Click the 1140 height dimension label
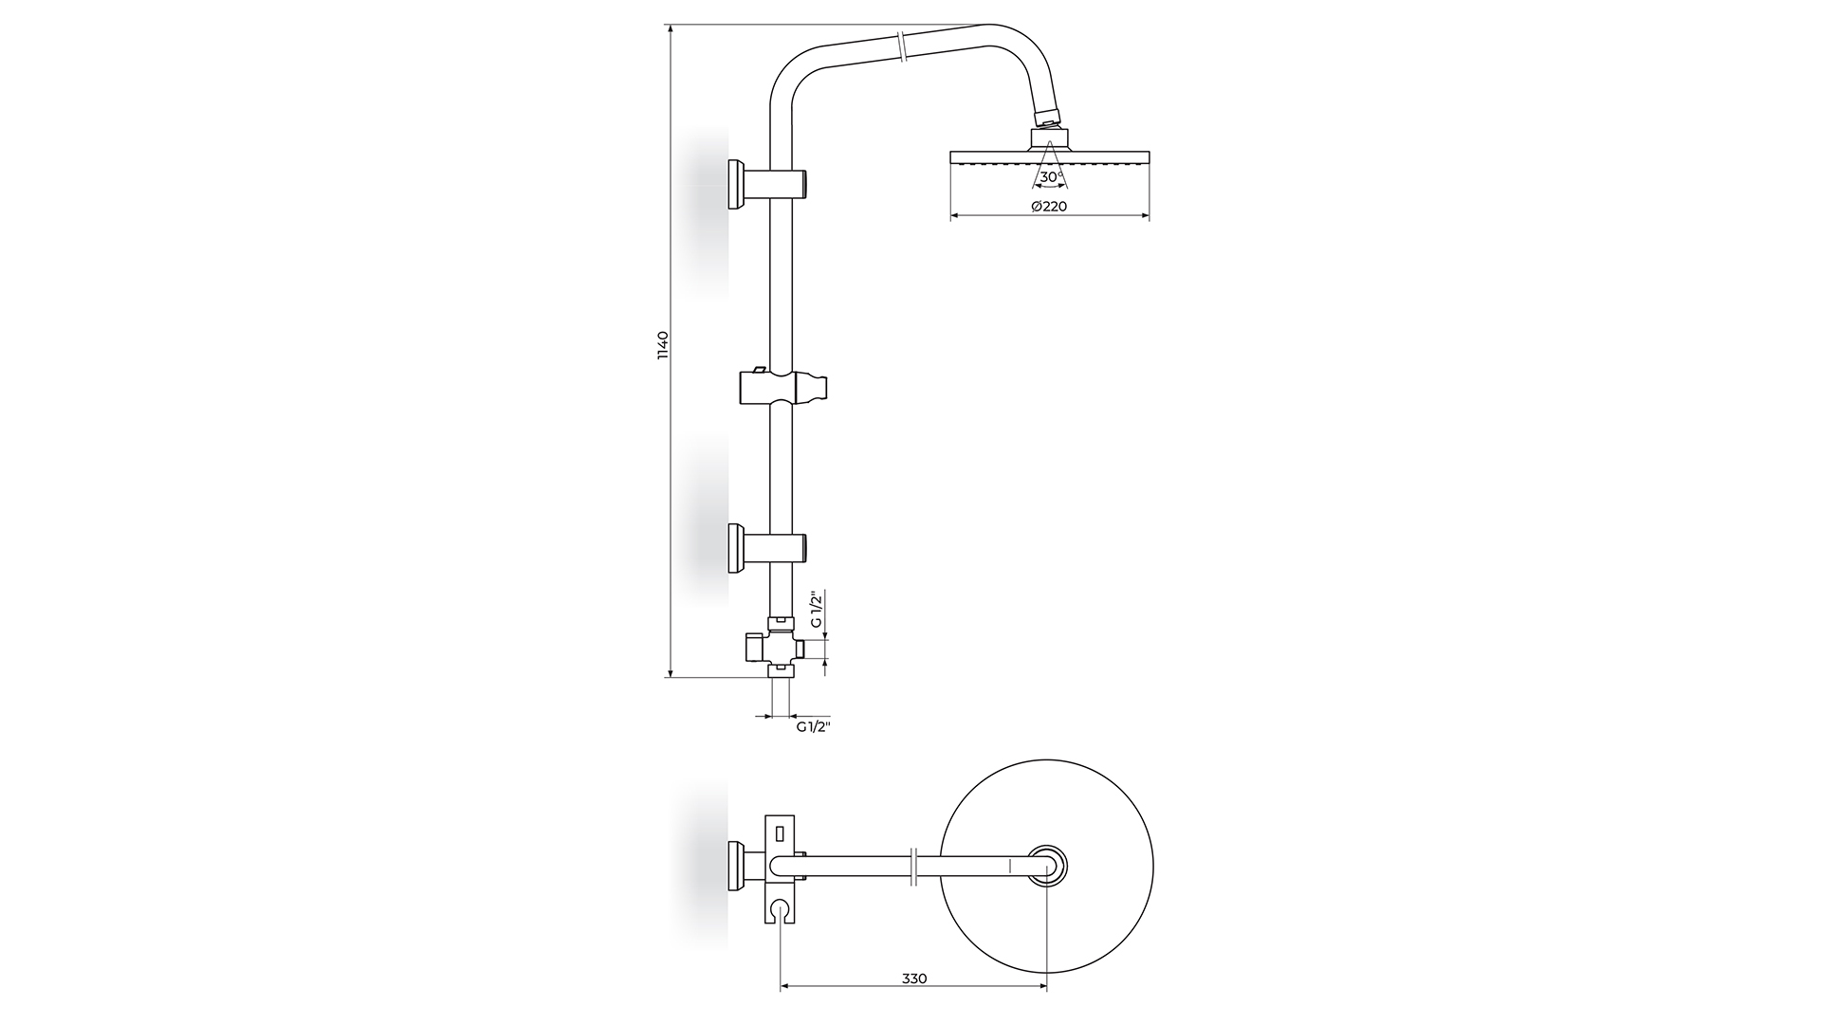(663, 345)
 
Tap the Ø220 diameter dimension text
(1049, 206)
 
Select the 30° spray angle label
(1050, 177)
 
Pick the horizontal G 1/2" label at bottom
(814, 726)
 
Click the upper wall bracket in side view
(767, 184)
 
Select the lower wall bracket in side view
(767, 548)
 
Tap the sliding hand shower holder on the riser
(783, 387)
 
